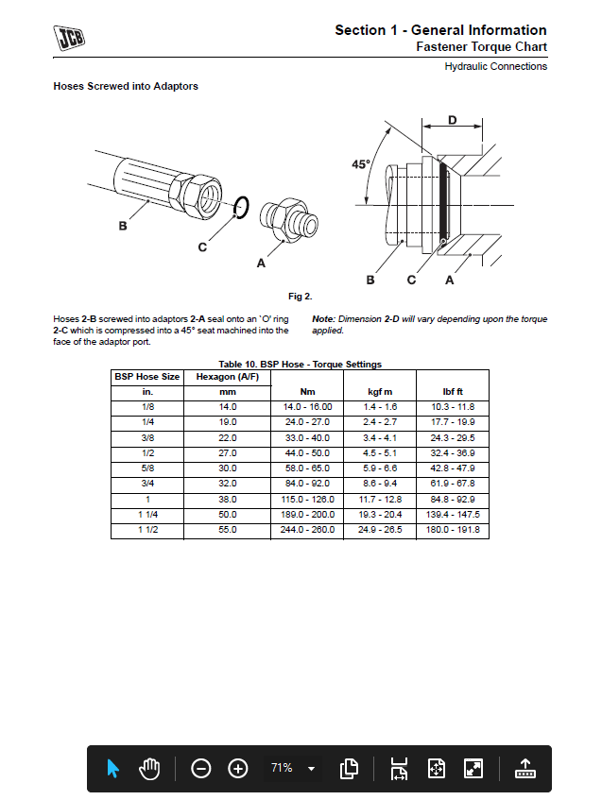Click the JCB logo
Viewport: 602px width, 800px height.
click(x=69, y=38)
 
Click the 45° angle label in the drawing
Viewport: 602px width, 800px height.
click(x=361, y=163)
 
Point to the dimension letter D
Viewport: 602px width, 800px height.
click(x=452, y=120)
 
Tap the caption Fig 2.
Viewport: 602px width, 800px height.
click(x=301, y=297)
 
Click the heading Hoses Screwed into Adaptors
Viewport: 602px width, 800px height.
click(x=126, y=86)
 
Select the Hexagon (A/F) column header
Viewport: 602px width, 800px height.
click(x=227, y=376)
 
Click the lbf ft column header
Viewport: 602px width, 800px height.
click(x=453, y=391)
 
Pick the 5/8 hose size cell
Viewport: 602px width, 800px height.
click(x=147, y=468)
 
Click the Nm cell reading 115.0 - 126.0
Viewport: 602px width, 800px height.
click(x=307, y=499)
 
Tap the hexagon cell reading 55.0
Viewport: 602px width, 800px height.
click(x=227, y=530)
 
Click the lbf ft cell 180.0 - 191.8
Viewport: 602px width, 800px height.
click(x=453, y=530)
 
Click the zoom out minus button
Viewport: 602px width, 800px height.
click(x=201, y=768)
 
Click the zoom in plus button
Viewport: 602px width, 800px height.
click(x=238, y=768)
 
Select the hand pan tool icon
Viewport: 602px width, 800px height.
click(x=149, y=768)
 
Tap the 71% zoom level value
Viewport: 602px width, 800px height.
click(x=282, y=768)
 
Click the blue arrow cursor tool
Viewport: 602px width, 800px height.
click(x=113, y=768)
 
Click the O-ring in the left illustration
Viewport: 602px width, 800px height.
click(x=241, y=207)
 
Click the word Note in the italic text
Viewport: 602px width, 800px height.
click(x=323, y=319)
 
